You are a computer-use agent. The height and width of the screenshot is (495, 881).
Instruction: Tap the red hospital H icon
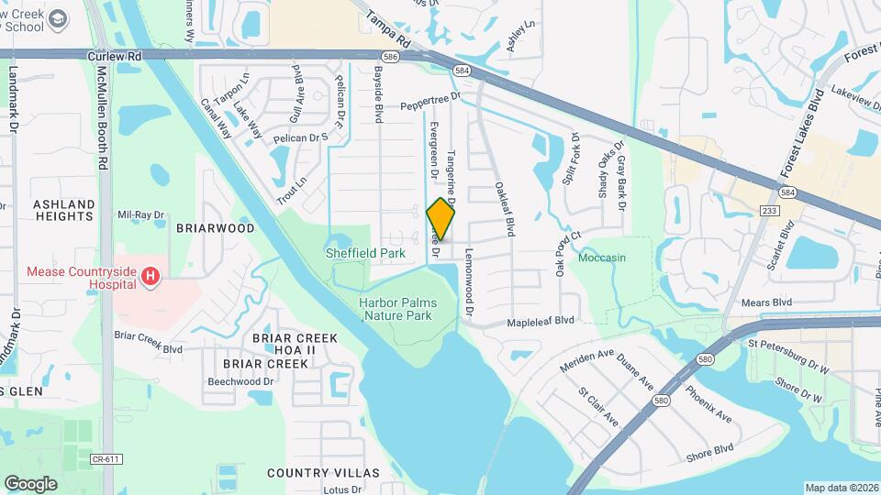[x=152, y=273]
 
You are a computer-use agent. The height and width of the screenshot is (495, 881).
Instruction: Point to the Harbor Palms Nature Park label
[x=398, y=309]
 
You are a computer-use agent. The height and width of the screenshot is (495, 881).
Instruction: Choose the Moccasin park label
[x=602, y=258]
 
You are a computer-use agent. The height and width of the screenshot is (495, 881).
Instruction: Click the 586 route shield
[x=390, y=56]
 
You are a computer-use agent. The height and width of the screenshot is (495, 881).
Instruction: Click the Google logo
[x=30, y=483]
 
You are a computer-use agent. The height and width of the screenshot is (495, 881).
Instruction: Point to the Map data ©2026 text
[x=841, y=488]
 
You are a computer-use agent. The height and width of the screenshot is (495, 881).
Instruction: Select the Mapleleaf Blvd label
[x=541, y=321]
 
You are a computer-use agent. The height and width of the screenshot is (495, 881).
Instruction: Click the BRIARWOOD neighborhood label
[x=214, y=228]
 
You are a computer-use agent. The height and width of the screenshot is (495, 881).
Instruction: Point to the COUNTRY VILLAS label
[x=322, y=473]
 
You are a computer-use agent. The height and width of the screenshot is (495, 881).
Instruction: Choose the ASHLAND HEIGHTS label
[x=63, y=210]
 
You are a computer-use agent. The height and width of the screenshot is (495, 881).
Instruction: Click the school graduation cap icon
[x=59, y=19]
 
